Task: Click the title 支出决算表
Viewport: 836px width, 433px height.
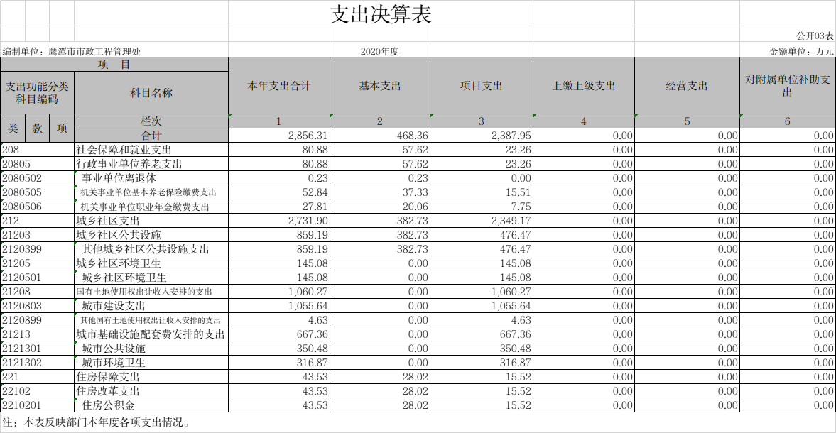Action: [380, 14]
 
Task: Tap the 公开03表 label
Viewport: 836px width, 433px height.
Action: [815, 35]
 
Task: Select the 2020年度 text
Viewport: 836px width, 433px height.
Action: [379, 52]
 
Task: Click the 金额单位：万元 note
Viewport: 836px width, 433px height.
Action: [801, 52]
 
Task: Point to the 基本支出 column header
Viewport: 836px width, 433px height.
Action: [379, 86]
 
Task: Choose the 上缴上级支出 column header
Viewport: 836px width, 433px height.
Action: [583, 86]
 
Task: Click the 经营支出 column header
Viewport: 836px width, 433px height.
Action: [687, 86]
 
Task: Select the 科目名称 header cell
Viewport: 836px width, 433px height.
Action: [151, 93]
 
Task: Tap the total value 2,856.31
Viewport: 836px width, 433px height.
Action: [308, 136]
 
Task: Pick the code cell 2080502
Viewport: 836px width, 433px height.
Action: [22, 178]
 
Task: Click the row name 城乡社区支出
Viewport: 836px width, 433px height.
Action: [108, 221]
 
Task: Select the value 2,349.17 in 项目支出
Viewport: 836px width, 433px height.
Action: [511, 221]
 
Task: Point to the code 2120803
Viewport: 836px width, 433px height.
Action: [22, 306]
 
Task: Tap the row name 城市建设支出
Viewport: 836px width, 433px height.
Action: [114, 306]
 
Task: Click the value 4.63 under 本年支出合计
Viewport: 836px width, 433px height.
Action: [317, 320]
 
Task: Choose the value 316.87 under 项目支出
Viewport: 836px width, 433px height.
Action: [515, 363]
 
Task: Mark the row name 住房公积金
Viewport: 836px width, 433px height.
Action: [108, 405]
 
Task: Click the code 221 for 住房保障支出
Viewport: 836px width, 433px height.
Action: [10, 377]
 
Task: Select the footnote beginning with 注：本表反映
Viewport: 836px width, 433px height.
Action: [96, 423]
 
